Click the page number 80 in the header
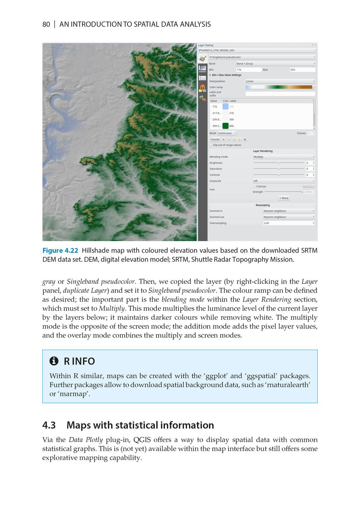coord(46,24)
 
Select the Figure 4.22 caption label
coord(60,250)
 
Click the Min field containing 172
coord(248,70)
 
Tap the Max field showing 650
coord(302,70)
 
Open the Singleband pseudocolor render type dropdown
coord(262,57)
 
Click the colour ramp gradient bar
coord(279,87)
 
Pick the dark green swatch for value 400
coord(225,126)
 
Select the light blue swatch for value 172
coord(225,107)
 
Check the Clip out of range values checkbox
coord(211,145)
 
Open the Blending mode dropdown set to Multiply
coord(284,157)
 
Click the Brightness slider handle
coord(279,163)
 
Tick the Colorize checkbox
coord(254,186)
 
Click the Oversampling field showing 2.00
coord(289,223)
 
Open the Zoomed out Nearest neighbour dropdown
coord(289,217)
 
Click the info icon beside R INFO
coord(54,361)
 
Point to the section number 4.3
coord(49,425)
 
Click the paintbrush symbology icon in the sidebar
coord(203,58)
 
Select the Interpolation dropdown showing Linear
coord(280,81)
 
